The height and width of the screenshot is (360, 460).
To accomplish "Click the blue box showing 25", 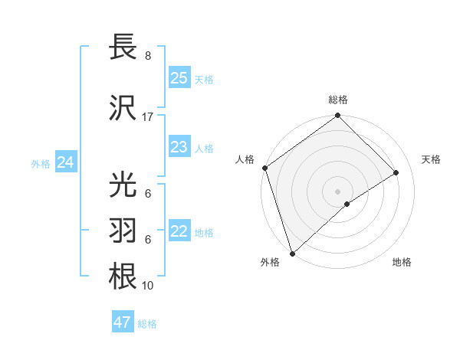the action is point(179,77).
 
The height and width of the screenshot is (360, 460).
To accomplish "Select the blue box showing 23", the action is point(179,147).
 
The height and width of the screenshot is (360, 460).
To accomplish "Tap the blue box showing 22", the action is point(179,231).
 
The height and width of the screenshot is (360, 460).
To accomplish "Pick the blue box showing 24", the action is point(66,162).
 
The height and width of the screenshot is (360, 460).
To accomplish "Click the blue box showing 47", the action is point(123,322).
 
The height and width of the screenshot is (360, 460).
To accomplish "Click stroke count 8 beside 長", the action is point(147,56).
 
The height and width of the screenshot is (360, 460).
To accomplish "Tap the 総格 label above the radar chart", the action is point(337,100).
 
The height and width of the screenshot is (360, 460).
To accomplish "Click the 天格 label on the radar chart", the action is point(431,159).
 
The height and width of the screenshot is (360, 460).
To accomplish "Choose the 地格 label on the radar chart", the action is point(402,262).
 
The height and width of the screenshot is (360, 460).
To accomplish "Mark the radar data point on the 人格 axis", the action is point(264,168).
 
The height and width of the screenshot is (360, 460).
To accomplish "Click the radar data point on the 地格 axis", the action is point(347,204).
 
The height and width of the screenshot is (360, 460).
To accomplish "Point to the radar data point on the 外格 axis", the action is point(292,252).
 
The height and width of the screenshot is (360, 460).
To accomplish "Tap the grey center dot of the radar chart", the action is point(337,191).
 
